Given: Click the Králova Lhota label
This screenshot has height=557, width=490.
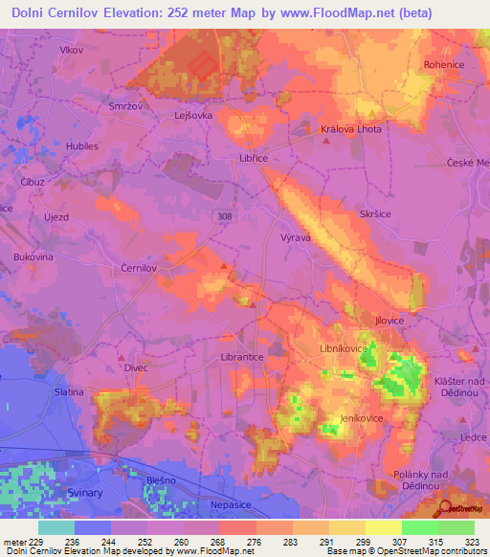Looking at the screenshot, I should click(x=346, y=129).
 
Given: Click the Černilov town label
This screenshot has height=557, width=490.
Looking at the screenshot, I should click(x=138, y=270).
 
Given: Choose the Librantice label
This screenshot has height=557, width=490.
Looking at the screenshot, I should click(x=242, y=356).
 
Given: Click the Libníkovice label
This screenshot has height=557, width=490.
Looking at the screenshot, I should click(x=343, y=349).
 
